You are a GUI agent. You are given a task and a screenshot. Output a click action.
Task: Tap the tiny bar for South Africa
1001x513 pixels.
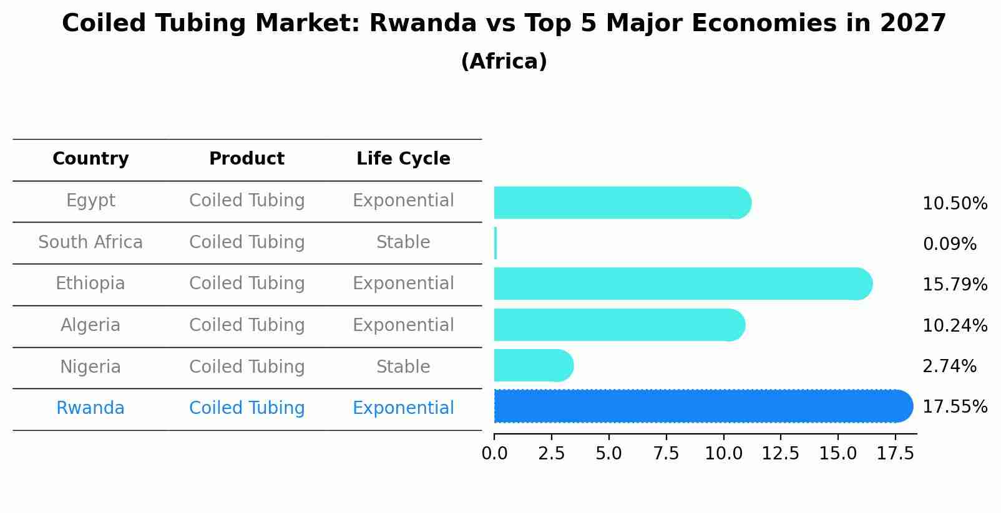click(x=496, y=243)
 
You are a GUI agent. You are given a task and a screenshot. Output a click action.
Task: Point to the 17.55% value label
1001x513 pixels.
click(x=954, y=407)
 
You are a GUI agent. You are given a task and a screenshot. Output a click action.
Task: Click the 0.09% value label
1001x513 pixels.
click(x=949, y=244)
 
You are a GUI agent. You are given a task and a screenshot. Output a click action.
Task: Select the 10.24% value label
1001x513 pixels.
click(x=954, y=325)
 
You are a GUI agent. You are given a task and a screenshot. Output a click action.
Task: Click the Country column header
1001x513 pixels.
click(x=90, y=159)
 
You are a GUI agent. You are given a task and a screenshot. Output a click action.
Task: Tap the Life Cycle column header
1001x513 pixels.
click(x=403, y=159)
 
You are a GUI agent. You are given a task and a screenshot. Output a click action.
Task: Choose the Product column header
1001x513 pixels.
click(x=247, y=159)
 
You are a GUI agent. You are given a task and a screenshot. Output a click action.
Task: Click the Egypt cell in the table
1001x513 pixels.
click(x=90, y=201)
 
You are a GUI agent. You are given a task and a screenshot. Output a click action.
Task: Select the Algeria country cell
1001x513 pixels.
click(x=90, y=325)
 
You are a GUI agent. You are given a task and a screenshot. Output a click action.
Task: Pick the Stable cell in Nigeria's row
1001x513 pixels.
click(x=403, y=367)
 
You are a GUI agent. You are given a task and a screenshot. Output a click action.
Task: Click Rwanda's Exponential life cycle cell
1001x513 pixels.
click(x=403, y=408)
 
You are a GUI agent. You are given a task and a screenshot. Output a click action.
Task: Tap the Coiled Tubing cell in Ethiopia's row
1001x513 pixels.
click(x=247, y=284)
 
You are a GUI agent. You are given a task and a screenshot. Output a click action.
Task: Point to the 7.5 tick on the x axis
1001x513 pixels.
click(x=666, y=453)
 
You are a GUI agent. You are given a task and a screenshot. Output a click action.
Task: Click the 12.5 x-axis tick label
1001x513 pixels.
click(x=780, y=453)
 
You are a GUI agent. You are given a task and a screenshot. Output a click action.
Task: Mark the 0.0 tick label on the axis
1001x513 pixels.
click(x=494, y=453)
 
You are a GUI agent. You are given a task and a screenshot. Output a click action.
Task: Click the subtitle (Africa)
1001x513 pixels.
click(x=504, y=62)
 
